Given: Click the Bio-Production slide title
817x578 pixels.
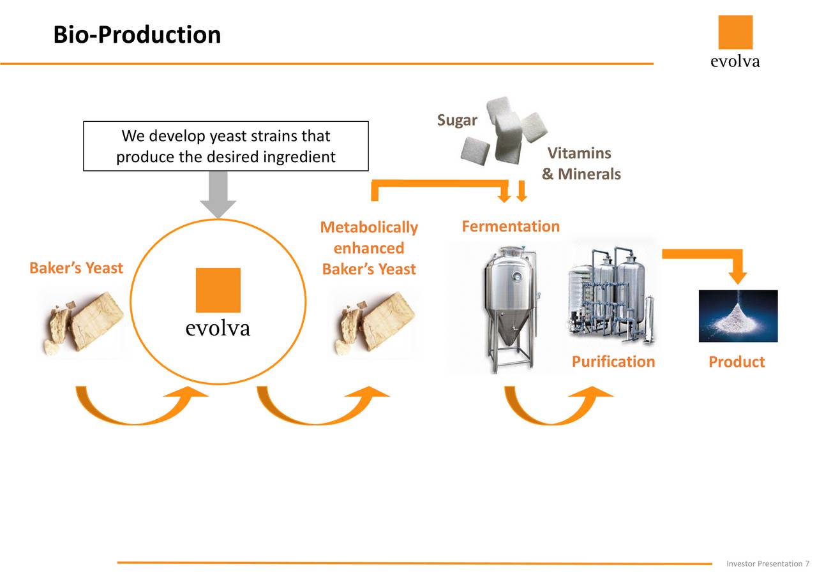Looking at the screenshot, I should (137, 34).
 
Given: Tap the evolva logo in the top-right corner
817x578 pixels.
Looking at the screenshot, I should (735, 41).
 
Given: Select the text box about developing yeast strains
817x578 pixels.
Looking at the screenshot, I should (225, 146).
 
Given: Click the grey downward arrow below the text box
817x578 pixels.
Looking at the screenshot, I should (218, 195).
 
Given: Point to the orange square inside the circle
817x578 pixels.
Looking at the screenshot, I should (218, 290).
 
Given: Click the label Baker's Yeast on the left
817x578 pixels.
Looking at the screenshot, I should (76, 268).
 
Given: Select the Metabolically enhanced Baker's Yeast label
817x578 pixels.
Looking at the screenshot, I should (369, 248).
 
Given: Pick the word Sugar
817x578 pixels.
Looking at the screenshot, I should (457, 120).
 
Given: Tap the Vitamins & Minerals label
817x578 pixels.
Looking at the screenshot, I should (581, 163).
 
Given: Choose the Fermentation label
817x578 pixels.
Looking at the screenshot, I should (511, 226).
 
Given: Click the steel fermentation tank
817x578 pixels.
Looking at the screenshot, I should (511, 306).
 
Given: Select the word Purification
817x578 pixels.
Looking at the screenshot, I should (613, 362).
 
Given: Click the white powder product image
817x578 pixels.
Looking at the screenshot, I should (738, 316).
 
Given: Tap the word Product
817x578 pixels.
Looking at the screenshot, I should (736, 362).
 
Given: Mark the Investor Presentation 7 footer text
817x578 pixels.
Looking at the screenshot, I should (767, 563).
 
